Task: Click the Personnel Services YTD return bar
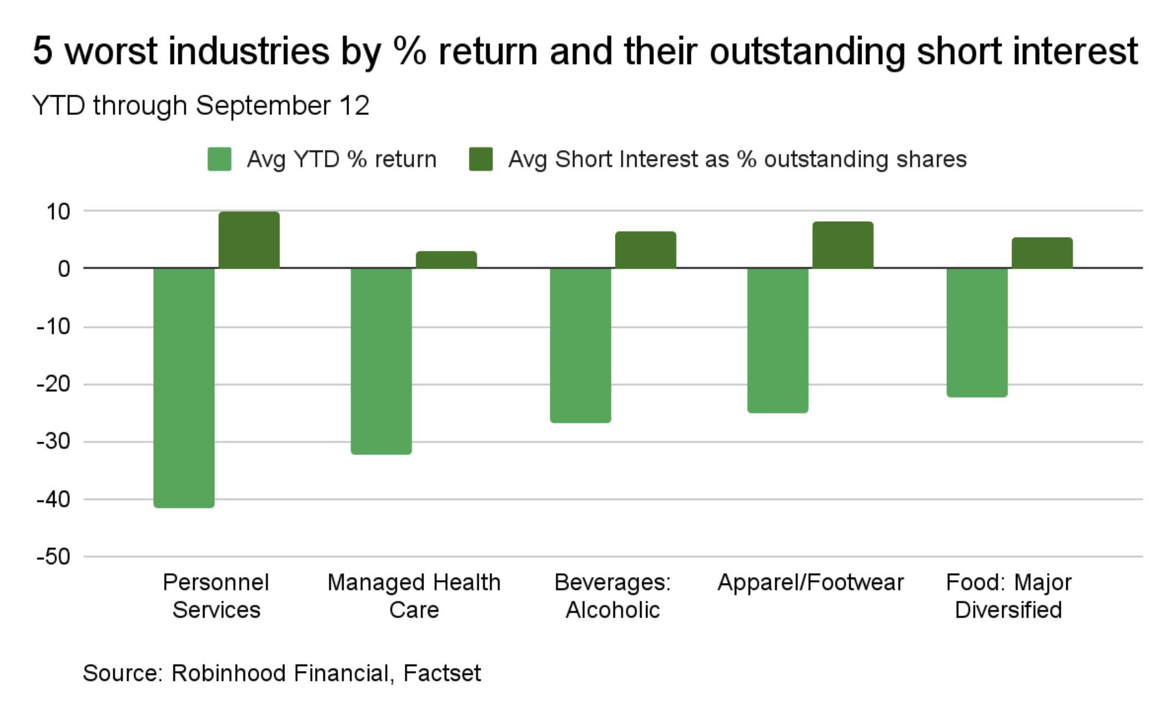[x=184, y=388]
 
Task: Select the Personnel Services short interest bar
[x=249, y=240]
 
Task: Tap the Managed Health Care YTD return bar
[x=381, y=361]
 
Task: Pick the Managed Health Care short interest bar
[x=446, y=260]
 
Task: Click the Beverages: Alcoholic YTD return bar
[x=580, y=345]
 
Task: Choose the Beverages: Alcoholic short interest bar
[x=646, y=250]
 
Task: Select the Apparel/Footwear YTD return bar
[x=777, y=340]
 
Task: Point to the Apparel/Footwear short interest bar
[x=842, y=245]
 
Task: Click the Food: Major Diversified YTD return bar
[x=977, y=332]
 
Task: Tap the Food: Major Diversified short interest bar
[x=1042, y=253]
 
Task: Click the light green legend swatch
[x=219, y=159]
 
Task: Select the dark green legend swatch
[x=481, y=159]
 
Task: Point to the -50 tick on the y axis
[x=54, y=557]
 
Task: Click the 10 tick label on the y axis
[x=58, y=212]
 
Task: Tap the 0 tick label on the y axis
[x=64, y=269]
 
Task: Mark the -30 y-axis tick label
[x=54, y=441]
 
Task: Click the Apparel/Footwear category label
[x=810, y=582]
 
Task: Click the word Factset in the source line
[x=442, y=673]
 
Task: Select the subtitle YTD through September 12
[x=201, y=105]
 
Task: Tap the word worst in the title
[x=114, y=51]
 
